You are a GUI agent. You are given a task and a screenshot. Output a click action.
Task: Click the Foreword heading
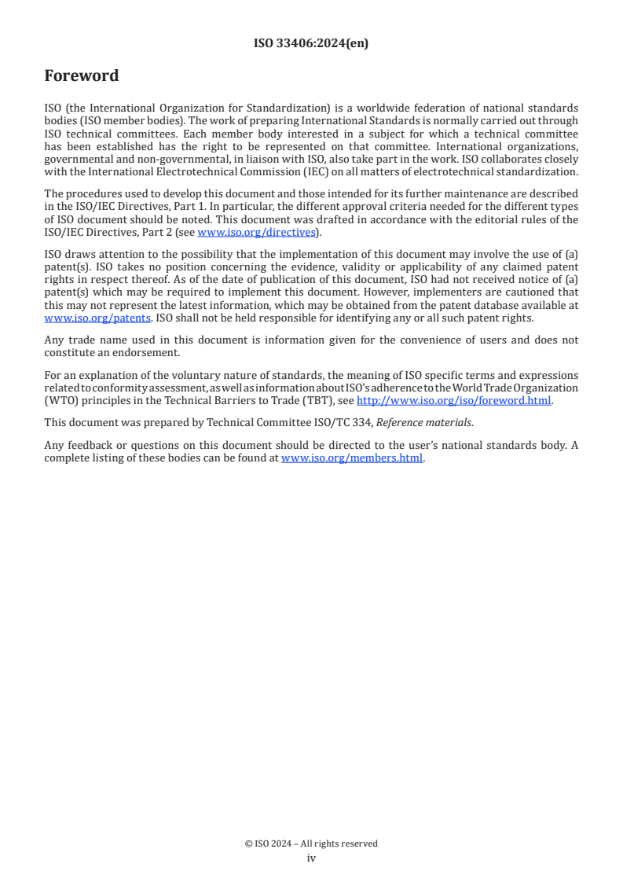click(82, 76)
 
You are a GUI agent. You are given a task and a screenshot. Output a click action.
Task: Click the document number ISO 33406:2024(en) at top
click(311, 44)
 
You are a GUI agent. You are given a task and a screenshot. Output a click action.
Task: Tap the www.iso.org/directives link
click(255, 232)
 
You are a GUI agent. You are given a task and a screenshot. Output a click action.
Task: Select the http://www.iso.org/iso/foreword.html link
click(454, 400)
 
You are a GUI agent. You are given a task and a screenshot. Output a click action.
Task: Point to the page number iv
click(311, 858)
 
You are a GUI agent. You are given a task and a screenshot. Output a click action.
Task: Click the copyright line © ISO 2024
click(311, 843)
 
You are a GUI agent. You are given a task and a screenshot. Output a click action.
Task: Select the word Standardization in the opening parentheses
click(225, 107)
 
